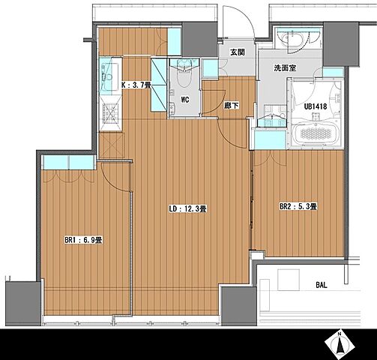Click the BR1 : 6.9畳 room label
pos(83,240)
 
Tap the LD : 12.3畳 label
pos(187,208)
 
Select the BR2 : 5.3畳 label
pos(298,207)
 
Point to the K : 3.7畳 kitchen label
pos(136,85)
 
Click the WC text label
pos(185,100)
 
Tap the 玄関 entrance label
pos(238,52)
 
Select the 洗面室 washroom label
pos(285,67)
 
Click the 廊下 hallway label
pos(232,106)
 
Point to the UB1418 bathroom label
pos(316,106)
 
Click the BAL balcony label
pos(322,285)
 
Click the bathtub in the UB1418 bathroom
pos(316,133)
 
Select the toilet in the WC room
pos(184,73)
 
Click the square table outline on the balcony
pos(289,280)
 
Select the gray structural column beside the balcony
pos(239,306)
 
